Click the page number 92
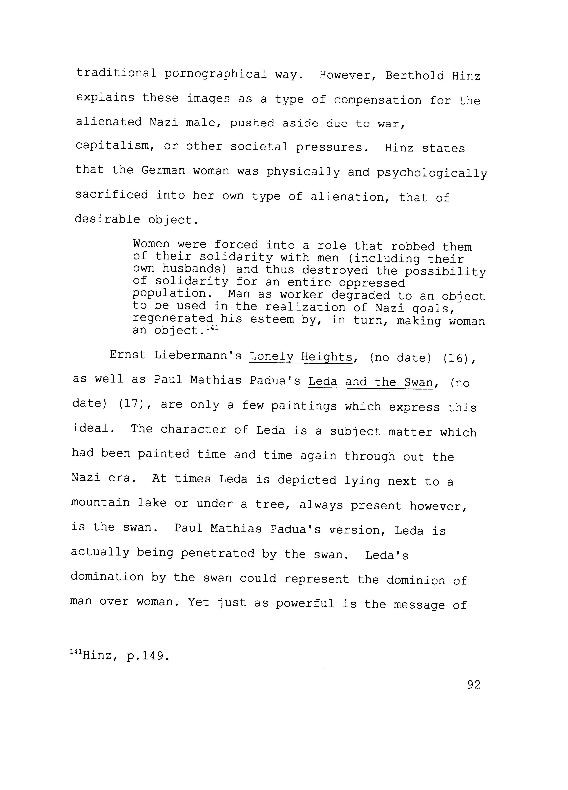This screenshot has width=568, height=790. [x=474, y=685]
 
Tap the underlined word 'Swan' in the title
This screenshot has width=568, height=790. [x=418, y=383]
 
